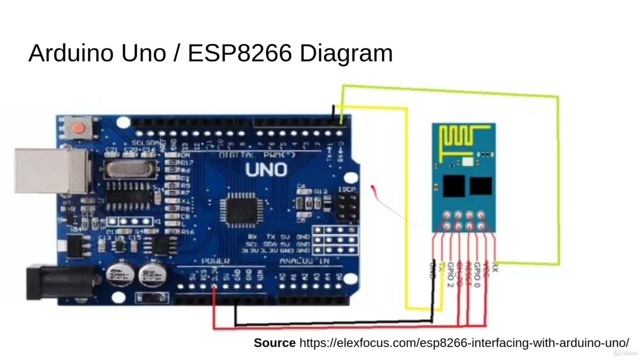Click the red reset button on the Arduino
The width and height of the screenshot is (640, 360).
coord(78,128)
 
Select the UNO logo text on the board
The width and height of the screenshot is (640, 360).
coord(266,170)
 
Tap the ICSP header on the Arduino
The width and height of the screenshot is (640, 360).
coord(347,206)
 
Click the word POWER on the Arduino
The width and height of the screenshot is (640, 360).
coord(215,261)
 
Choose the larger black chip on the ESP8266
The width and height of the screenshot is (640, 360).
coord(453,185)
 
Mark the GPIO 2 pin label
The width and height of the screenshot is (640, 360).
coord(450,274)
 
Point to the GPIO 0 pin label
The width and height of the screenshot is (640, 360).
coord(476,274)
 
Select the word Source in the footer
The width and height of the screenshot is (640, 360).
coord(274,343)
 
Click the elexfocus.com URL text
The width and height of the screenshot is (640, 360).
coord(463,343)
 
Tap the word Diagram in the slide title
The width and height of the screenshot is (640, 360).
coord(346,53)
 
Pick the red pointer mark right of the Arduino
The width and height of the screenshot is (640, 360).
coord(373,188)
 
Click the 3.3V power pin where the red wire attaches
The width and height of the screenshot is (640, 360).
coord(214,287)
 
